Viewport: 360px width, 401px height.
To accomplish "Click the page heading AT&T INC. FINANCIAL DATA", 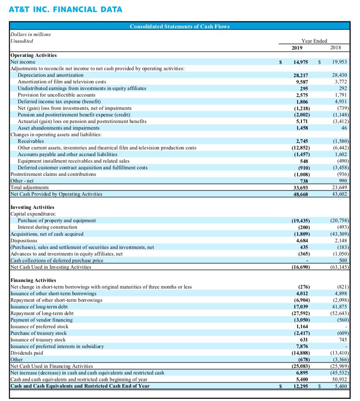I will coord(66,9).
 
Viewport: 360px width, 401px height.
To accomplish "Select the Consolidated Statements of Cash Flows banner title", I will coord(179,26).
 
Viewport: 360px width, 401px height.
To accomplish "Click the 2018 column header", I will coord(336,48).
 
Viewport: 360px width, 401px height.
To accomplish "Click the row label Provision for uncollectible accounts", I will coord(56,95).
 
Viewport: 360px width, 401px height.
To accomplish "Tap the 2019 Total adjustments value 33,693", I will coord(300,187).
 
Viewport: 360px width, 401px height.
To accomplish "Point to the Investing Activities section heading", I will coord(32,207).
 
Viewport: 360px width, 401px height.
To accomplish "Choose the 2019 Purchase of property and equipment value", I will coord(300,220).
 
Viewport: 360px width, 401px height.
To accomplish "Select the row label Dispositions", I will coord(24,240).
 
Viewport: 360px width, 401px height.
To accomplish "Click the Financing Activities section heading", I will coord(33,280).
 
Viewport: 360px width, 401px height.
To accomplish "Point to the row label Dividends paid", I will coord(27,353).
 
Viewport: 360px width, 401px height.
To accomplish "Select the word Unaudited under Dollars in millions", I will coord(22,41).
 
